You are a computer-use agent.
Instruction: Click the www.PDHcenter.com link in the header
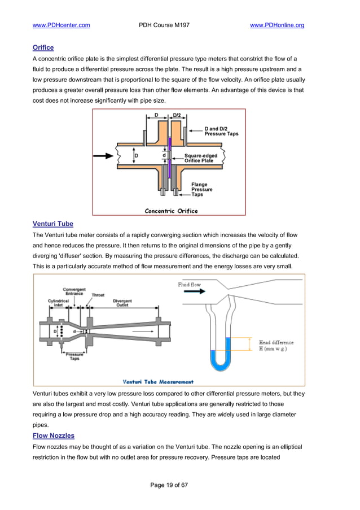click(x=62, y=25)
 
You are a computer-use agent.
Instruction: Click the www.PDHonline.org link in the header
click(x=276, y=25)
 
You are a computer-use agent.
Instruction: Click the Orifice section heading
click(x=43, y=48)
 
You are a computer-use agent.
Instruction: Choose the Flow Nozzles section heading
click(x=54, y=435)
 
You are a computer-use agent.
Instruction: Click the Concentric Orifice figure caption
click(x=171, y=211)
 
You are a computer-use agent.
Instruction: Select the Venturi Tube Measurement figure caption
click(x=158, y=381)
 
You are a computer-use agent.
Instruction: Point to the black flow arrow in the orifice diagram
click(x=103, y=155)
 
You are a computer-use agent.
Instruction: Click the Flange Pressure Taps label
click(x=201, y=189)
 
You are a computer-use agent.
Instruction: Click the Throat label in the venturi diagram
click(x=98, y=295)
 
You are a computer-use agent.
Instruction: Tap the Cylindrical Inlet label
click(x=58, y=303)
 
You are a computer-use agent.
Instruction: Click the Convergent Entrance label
click(x=74, y=291)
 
